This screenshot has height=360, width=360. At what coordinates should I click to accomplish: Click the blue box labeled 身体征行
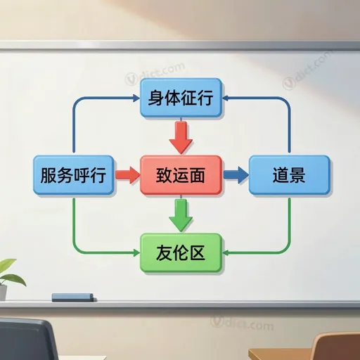pyautogui.click(x=181, y=98)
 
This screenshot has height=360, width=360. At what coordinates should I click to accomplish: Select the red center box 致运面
pyautogui.click(x=181, y=175)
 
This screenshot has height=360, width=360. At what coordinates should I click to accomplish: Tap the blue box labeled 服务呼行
pyautogui.click(x=74, y=175)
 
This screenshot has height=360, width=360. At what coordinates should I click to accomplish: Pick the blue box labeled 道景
pyautogui.click(x=289, y=175)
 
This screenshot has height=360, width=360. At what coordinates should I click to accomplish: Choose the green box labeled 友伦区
pyautogui.click(x=181, y=252)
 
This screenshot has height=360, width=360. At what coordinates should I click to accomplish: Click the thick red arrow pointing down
pyautogui.click(x=181, y=137)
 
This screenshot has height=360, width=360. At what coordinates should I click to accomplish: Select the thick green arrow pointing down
pyautogui.click(x=181, y=215)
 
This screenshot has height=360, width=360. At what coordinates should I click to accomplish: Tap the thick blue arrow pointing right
pyautogui.click(x=236, y=175)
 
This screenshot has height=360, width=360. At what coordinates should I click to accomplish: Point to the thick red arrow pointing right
pyautogui.click(x=128, y=175)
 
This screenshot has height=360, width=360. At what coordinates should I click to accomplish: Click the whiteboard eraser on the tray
pyautogui.click(x=74, y=297)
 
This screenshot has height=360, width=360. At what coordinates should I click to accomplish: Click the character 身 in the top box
pyautogui.click(x=155, y=98)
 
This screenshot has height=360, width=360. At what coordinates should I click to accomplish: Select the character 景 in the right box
pyautogui.click(x=297, y=175)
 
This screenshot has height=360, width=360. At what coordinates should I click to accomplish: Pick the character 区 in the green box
pyautogui.click(x=198, y=252)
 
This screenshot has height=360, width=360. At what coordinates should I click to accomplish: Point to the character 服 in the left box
pyautogui.click(x=49, y=175)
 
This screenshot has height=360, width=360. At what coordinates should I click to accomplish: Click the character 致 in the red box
pyautogui.click(x=164, y=175)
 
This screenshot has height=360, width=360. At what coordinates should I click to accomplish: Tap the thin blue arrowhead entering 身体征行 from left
pyautogui.click(x=136, y=98)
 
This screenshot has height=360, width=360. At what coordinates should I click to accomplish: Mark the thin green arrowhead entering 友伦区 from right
pyautogui.click(x=225, y=252)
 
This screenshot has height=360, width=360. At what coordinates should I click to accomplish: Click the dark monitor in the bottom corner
pyautogui.click(x=27, y=339)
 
